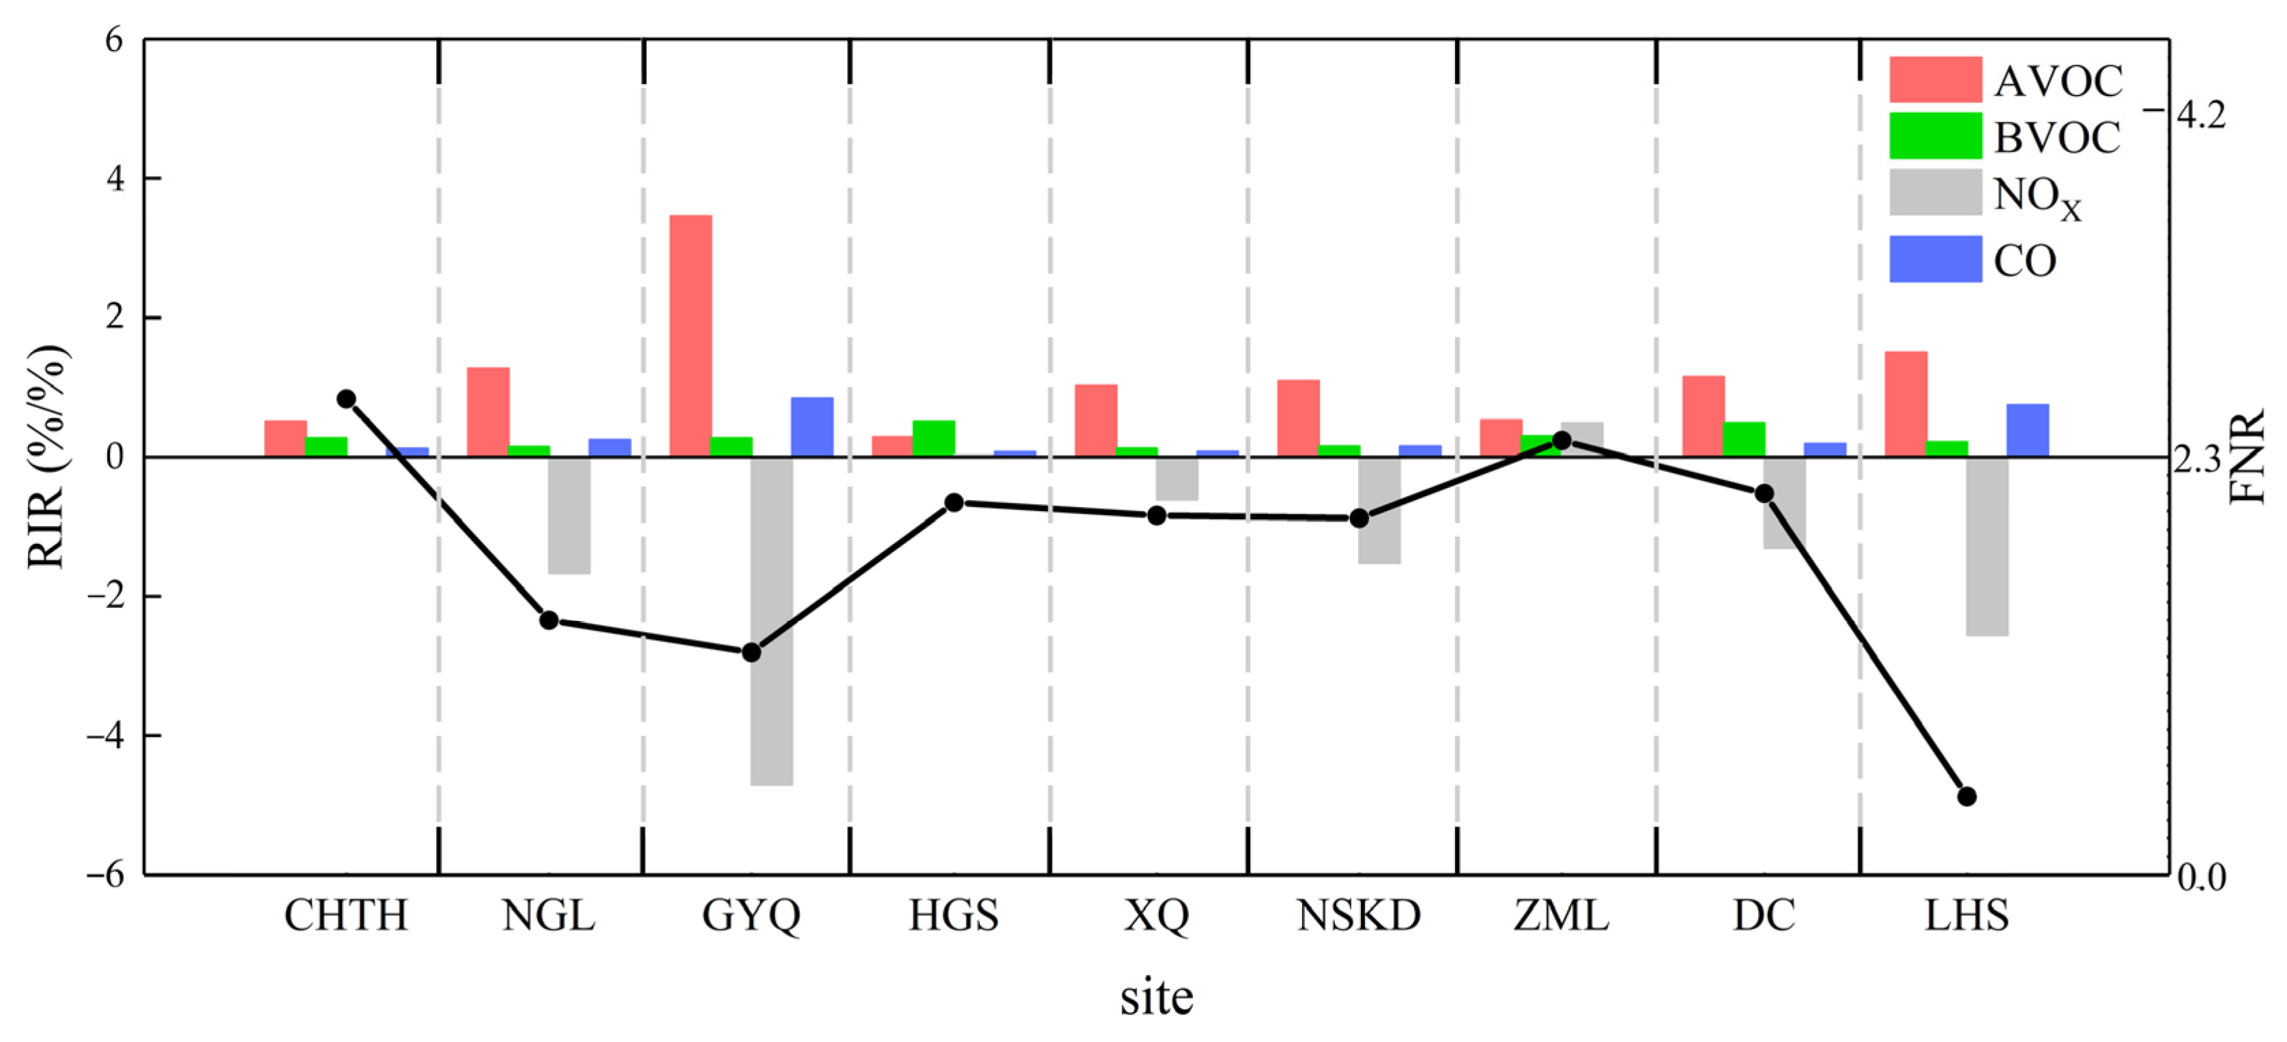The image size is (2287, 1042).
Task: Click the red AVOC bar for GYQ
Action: tap(690, 336)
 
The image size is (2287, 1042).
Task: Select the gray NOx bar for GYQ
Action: tap(771, 620)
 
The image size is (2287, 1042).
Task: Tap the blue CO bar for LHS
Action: tap(2027, 430)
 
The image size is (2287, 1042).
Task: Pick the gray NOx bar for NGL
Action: tap(569, 515)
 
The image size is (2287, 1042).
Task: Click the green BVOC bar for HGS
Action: tap(933, 437)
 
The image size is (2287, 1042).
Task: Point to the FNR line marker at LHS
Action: tap(1966, 796)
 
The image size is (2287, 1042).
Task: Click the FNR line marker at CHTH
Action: tap(346, 399)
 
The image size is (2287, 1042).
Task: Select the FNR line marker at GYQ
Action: tap(751, 652)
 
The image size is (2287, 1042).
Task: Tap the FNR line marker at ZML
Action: tap(1562, 440)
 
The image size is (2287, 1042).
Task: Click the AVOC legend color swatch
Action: tap(1935, 80)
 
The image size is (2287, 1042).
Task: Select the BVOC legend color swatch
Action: tap(1935, 136)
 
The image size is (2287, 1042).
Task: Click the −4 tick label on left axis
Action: tap(105, 736)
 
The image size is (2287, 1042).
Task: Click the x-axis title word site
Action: tap(1156, 998)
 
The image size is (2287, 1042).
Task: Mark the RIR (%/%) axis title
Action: tap(46, 457)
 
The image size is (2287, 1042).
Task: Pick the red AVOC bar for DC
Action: tap(1703, 416)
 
